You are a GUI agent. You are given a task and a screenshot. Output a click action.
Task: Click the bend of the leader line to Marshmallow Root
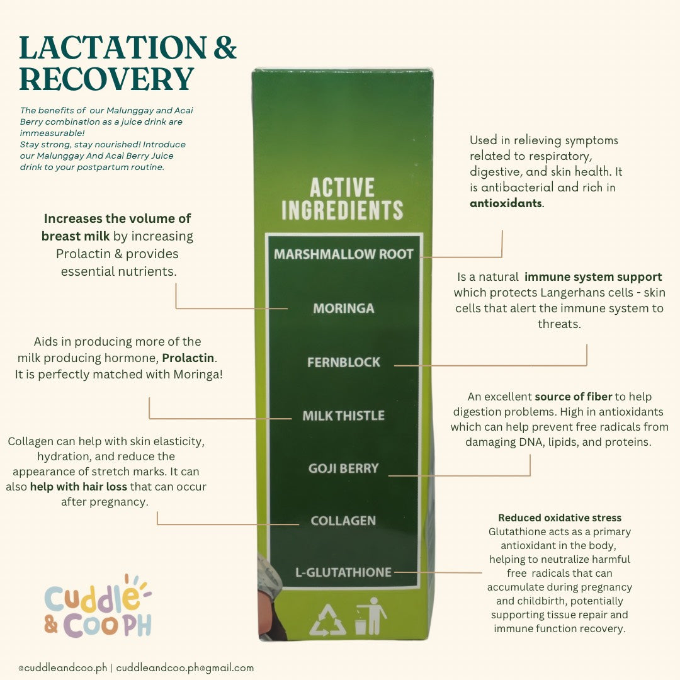pyautogui.click(x=502, y=257)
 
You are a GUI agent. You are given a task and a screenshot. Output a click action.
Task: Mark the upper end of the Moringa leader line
pyautogui.click(x=176, y=283)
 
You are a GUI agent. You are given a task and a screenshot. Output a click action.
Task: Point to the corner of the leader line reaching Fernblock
pyautogui.click(x=586, y=366)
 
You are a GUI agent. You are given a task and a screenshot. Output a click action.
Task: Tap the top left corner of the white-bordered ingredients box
pyautogui.click(x=266, y=234)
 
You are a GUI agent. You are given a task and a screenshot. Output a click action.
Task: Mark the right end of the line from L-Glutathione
pyautogui.click(x=482, y=572)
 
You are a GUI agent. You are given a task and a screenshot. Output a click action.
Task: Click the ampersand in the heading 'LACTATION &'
pyautogui.click(x=225, y=48)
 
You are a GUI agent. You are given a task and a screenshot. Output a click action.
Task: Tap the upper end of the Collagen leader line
pyautogui.click(x=157, y=512)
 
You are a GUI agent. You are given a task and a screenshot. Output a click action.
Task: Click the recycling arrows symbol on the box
pyautogui.click(x=328, y=620)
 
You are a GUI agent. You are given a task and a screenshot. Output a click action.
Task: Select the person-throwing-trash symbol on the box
pyautogui.click(x=370, y=616)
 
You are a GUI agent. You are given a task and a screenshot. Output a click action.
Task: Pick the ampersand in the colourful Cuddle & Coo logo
pyautogui.click(x=51, y=625)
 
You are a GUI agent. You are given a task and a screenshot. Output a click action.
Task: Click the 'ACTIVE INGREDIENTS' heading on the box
pyautogui.click(x=342, y=199)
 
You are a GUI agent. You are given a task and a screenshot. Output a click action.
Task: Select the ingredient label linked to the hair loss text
pyautogui.click(x=343, y=521)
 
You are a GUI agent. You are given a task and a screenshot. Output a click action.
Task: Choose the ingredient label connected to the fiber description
pyautogui.click(x=344, y=468)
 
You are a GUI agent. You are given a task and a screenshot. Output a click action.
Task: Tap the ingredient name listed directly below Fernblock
pyautogui.click(x=344, y=416)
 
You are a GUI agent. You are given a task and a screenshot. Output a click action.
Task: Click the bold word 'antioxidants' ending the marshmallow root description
pyautogui.click(x=506, y=203)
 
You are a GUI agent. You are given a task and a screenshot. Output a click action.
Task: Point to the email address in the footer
pyautogui.click(x=184, y=668)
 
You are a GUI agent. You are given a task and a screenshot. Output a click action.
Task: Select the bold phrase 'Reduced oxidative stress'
pyautogui.click(x=560, y=518)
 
